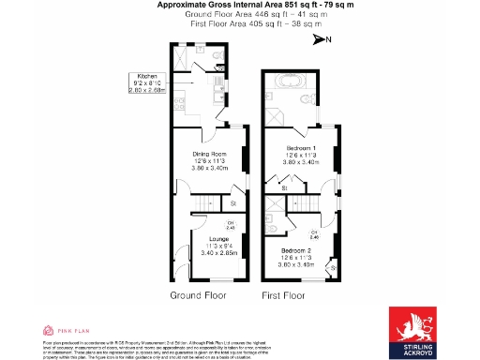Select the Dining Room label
click(210, 160)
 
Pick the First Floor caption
click(283, 295)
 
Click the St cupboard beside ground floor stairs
click(232, 202)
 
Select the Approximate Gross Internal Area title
click(240, 6)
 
